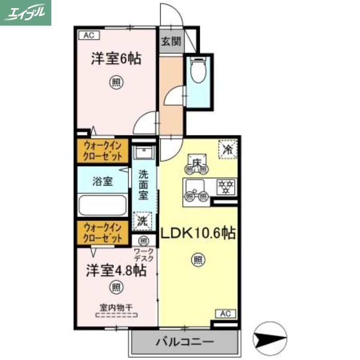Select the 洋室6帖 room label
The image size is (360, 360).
pos(116,59)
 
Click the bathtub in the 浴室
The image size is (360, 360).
pos(103,205)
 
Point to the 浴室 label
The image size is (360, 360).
pos(103,181)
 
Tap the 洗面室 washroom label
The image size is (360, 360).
pos(143,184)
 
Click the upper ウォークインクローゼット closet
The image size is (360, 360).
pos(103,151)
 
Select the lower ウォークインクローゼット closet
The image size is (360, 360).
pos(103,233)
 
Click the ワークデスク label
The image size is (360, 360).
pos(144,255)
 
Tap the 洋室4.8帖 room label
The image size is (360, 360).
pos(116,270)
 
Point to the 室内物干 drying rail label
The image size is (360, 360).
pos(116,308)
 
